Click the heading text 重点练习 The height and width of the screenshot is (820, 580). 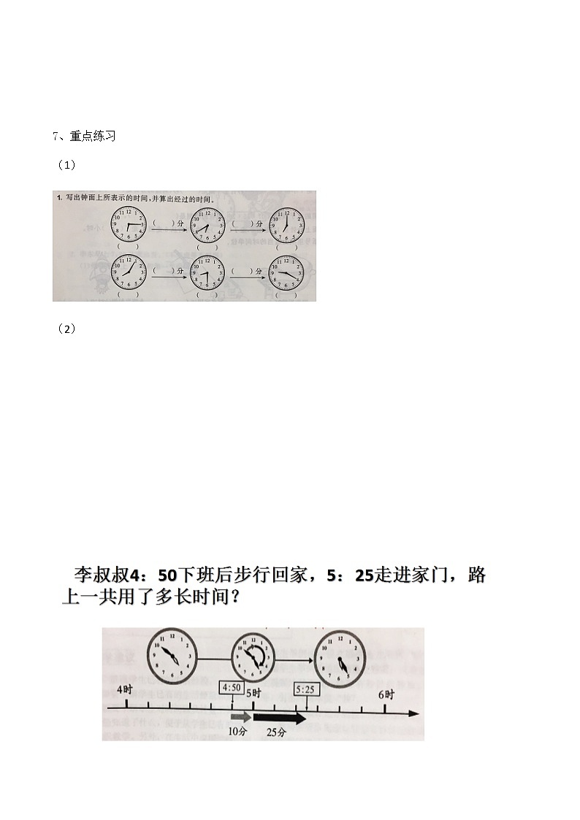(x=87, y=136)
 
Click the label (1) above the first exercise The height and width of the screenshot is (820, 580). (x=66, y=166)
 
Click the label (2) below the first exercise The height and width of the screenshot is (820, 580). (x=66, y=329)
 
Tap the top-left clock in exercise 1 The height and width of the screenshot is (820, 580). (x=129, y=224)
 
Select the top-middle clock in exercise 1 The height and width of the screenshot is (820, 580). (x=207, y=225)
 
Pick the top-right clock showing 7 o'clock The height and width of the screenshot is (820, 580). (x=286, y=225)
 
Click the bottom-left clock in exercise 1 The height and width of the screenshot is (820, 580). (x=129, y=272)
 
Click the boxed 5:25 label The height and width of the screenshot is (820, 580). (x=306, y=689)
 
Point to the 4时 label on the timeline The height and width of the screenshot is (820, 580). (x=125, y=690)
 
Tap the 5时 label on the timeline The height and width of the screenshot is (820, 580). (x=253, y=691)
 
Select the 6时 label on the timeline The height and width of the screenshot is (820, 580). (x=386, y=694)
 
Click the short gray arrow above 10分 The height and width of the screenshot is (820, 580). (x=238, y=719)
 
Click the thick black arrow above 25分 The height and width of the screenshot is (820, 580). (x=279, y=719)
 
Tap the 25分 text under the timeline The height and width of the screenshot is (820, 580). (x=276, y=732)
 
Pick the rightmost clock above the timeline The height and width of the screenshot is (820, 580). (x=341, y=659)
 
